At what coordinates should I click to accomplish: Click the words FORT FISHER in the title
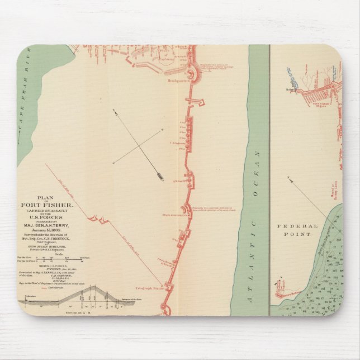click(51, 203)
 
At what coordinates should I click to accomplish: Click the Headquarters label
click(177, 80)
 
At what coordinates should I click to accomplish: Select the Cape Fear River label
click(23, 117)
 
